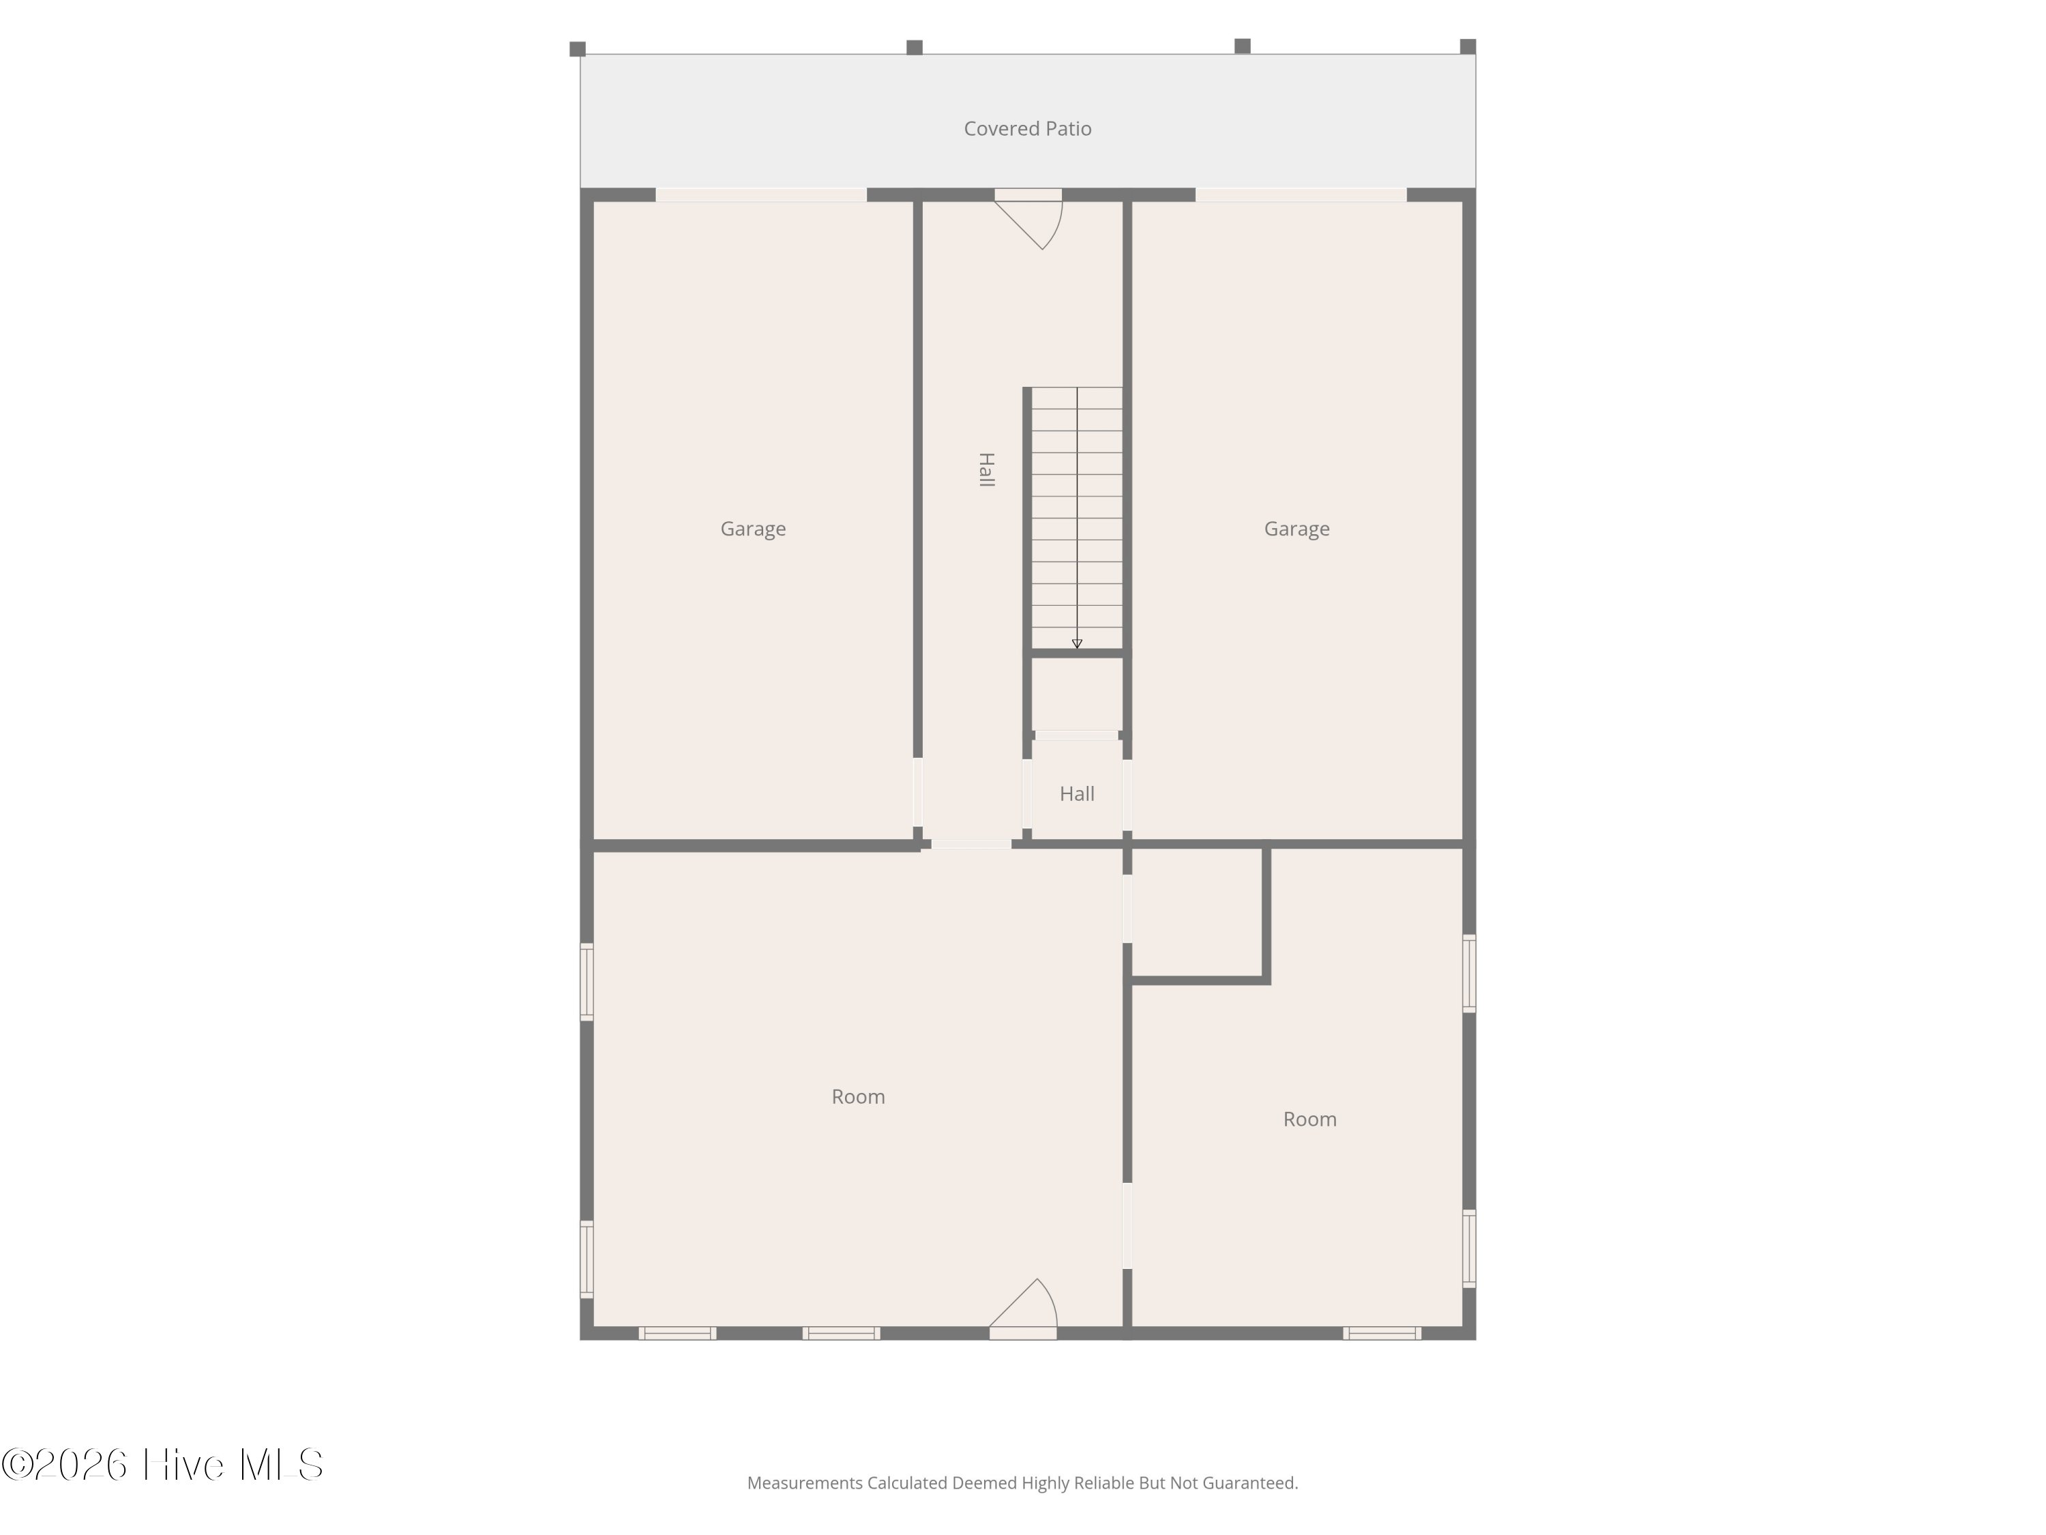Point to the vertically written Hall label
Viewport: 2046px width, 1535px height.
pos(987,469)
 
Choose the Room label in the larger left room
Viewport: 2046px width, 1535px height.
pos(859,1096)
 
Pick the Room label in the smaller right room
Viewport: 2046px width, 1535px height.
pos(1309,1119)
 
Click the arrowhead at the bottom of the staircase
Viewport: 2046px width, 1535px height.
pos(1077,644)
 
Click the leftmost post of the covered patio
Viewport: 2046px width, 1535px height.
pos(577,49)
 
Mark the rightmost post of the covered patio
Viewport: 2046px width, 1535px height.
pos(1468,46)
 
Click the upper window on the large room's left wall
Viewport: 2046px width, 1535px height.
pos(587,982)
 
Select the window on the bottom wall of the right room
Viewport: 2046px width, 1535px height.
pos(1382,1333)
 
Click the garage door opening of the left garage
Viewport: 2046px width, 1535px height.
pos(761,195)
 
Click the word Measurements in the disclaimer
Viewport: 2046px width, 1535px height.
pos(805,1483)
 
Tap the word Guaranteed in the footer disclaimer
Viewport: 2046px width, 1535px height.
pos(1249,1483)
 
